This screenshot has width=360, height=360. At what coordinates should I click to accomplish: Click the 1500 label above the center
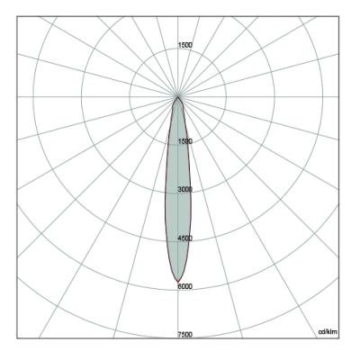coord(185,45)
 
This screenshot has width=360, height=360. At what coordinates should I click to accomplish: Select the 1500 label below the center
coord(185,141)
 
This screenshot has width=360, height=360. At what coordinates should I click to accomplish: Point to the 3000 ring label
coord(185,190)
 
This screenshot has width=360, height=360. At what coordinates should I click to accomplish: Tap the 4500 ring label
coord(185,238)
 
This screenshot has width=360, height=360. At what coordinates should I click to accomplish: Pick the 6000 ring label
coord(185,287)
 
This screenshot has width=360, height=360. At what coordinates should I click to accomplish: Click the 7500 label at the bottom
coord(185,335)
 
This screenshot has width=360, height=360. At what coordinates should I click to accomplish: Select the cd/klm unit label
coord(328,331)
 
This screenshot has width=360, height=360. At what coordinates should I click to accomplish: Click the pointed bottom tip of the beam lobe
coord(178,283)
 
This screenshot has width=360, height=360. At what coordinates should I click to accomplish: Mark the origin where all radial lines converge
coord(178,96)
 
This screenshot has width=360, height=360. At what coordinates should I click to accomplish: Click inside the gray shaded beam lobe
coord(178,195)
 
